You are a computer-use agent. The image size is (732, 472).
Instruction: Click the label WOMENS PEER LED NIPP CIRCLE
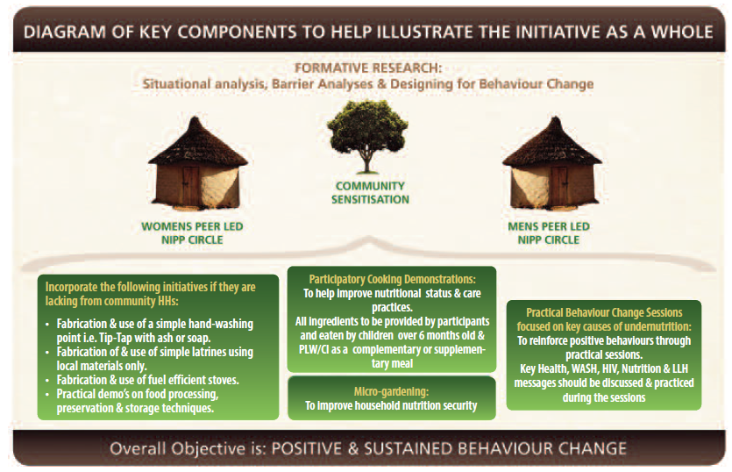point(192,233)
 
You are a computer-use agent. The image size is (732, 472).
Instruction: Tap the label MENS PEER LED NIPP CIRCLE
point(549,233)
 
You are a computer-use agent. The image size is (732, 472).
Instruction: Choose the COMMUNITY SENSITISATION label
point(370,192)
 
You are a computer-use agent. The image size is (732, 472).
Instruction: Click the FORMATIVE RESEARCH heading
point(368,68)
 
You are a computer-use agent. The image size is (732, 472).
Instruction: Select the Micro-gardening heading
point(391,391)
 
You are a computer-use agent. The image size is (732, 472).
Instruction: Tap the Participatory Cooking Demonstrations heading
point(392,280)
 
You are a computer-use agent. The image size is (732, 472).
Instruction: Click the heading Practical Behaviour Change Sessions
point(604,312)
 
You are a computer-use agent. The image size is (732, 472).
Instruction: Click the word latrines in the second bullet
point(205,352)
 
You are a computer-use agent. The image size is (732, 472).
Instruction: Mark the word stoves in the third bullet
point(224,380)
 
